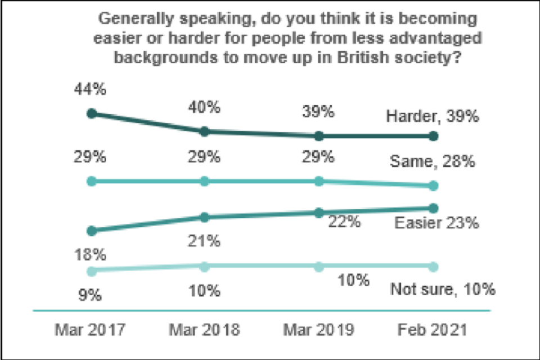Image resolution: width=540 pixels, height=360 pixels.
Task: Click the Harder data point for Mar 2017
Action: coord(91,114)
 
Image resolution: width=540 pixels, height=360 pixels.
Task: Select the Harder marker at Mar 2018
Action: coord(205,132)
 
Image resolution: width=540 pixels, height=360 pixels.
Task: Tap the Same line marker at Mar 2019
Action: coord(319,181)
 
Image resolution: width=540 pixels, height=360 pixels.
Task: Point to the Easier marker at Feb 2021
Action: coord(433,208)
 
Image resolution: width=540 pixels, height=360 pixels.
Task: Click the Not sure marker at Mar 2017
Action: coord(91,271)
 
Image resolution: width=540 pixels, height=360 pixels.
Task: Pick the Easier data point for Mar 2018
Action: coord(205,217)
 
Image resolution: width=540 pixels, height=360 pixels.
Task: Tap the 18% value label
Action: coord(91,255)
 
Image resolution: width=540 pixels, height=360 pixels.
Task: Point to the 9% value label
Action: coord(91,294)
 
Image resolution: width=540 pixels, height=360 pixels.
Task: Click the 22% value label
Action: coord(344,222)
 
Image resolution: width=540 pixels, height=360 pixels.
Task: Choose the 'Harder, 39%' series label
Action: coord(433,118)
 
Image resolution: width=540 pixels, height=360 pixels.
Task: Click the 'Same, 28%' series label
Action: coord(433,162)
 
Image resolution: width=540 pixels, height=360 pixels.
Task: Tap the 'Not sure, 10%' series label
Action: coord(442,290)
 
